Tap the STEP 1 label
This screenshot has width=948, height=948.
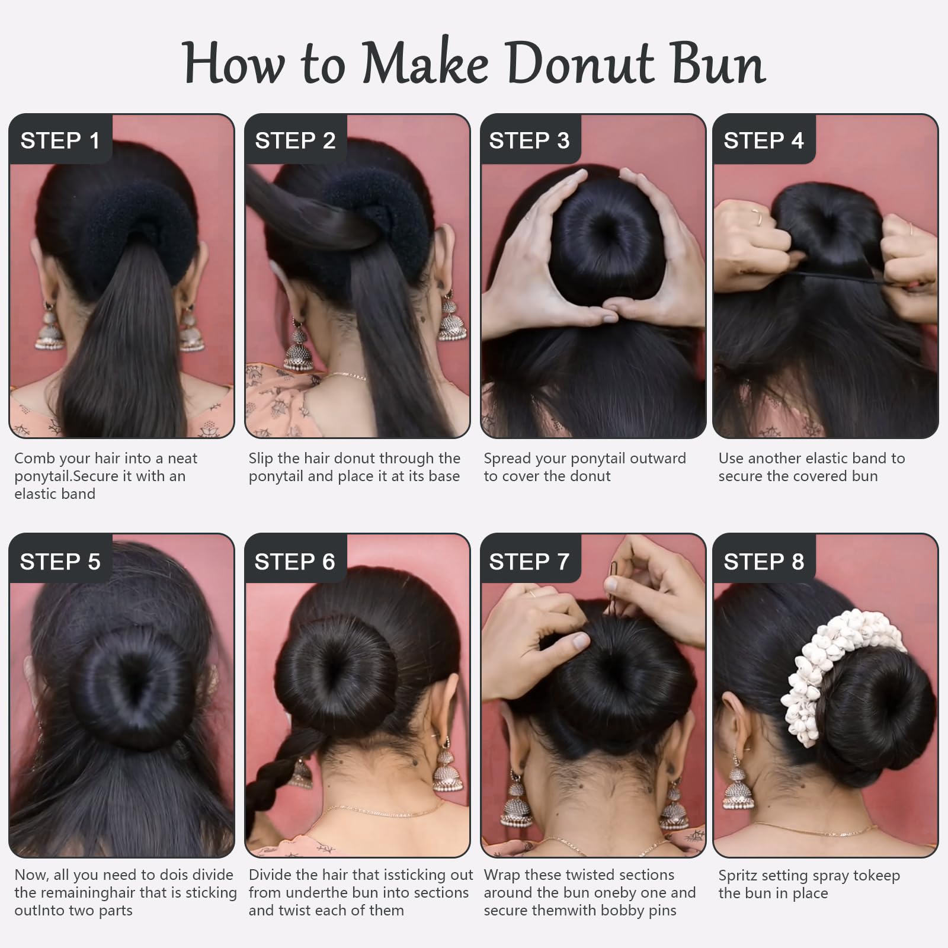(60, 140)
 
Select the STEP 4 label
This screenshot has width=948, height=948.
(764, 140)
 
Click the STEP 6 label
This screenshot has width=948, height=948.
(294, 561)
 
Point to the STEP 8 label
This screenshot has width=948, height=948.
(764, 561)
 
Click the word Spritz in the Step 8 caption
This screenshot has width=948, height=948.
(737, 876)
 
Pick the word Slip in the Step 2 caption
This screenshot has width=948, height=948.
(261, 459)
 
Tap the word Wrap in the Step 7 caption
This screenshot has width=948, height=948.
(502, 876)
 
